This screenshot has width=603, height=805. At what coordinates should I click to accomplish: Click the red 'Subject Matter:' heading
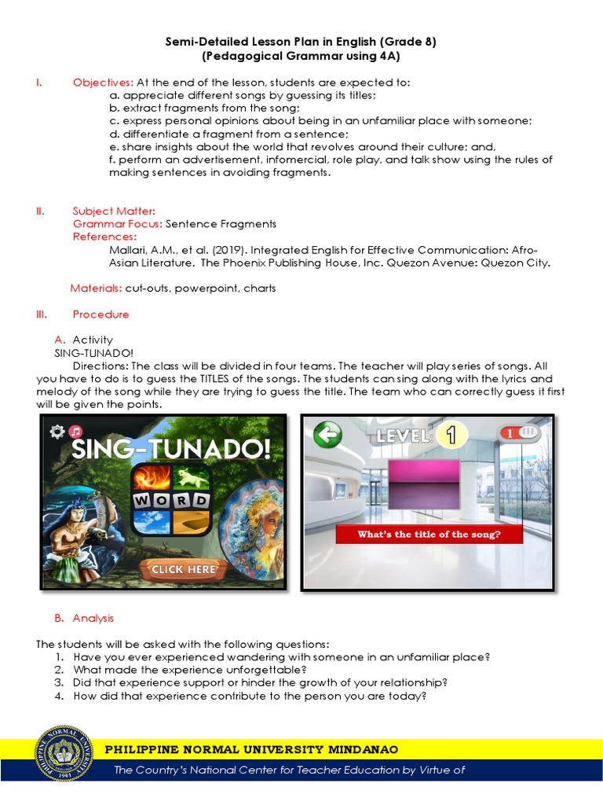114,211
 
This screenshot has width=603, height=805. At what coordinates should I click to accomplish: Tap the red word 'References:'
104,237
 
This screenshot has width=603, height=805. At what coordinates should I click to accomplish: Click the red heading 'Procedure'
100,314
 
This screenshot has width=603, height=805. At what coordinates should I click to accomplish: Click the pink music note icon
76,431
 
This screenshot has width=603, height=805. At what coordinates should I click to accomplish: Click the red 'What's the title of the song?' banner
429,535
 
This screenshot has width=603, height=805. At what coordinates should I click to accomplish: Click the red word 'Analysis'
93,618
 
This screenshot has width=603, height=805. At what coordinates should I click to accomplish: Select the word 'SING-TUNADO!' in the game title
171,449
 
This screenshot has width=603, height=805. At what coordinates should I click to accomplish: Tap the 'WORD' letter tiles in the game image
170,501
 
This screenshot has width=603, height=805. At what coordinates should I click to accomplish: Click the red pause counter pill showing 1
518,433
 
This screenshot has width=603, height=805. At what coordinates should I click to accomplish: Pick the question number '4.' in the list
59,695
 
